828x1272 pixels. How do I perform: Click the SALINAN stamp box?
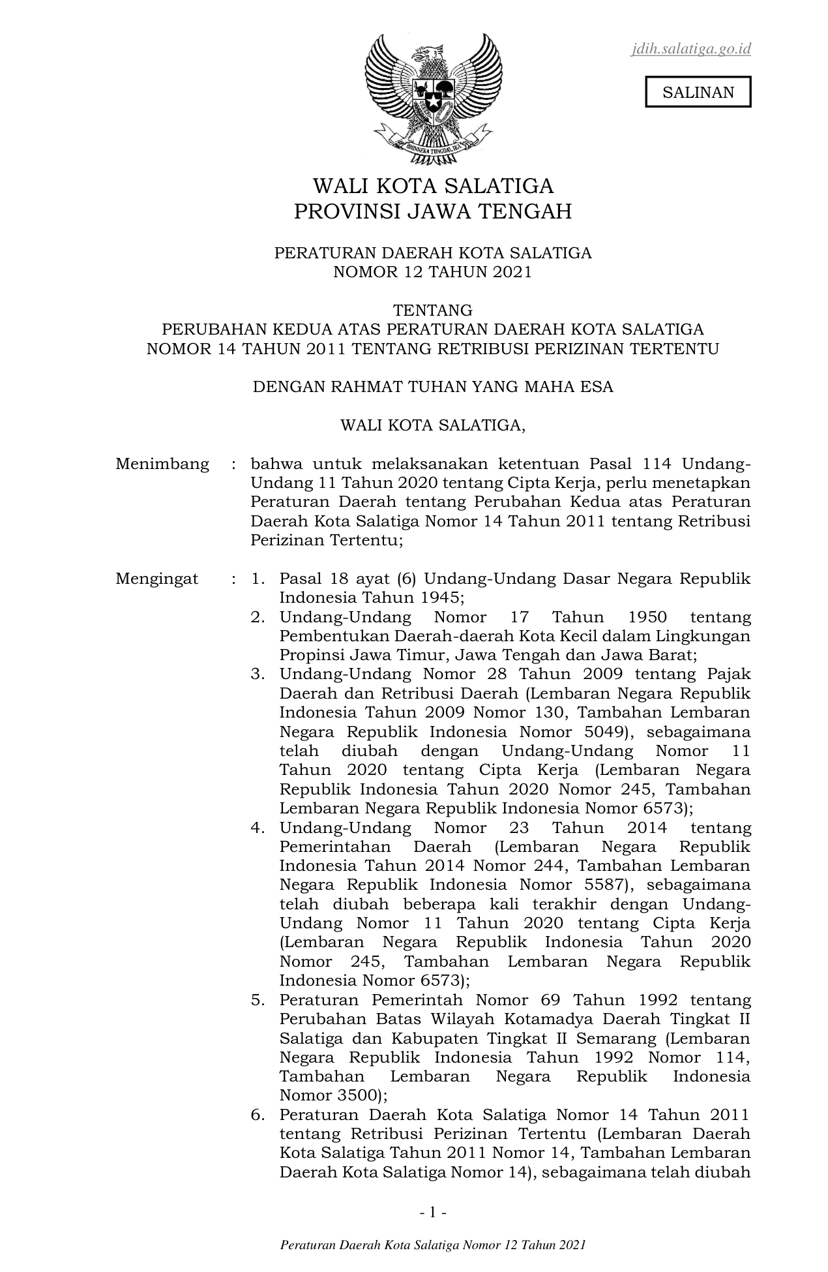point(698,92)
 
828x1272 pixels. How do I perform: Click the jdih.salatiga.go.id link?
point(690,49)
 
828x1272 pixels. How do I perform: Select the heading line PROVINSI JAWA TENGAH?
point(433,212)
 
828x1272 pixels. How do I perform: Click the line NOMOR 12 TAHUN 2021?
point(433,272)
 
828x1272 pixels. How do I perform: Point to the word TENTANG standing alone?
point(433,310)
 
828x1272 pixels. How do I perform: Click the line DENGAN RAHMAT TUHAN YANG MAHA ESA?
point(433,387)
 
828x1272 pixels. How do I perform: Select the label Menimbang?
point(162,464)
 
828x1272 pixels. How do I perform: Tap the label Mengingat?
point(157,579)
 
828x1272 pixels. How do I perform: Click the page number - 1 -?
point(433,1213)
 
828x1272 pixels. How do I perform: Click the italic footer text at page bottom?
point(433,1245)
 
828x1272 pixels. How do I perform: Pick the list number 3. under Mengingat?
point(258,674)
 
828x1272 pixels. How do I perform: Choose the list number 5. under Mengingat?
point(258,1000)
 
